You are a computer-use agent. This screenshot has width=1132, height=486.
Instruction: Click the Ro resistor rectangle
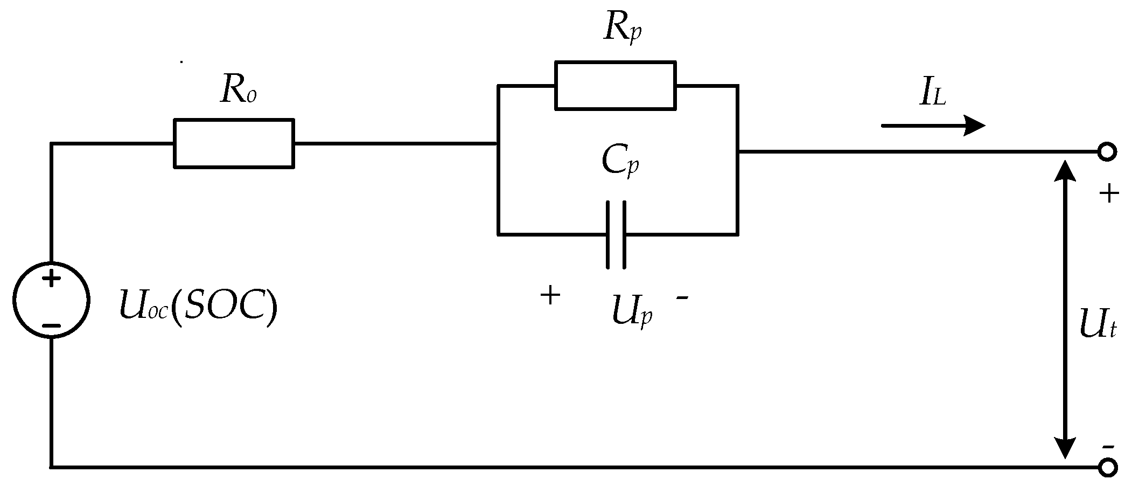coord(234,143)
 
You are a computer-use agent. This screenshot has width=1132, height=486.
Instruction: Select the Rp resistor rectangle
coord(616,86)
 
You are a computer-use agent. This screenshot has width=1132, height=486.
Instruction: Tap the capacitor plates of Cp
coord(616,234)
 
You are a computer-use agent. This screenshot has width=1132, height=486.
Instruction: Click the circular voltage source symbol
coord(51,300)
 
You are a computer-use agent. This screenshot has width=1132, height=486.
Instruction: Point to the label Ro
coord(237,91)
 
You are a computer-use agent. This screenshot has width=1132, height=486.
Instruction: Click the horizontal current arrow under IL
coord(933,126)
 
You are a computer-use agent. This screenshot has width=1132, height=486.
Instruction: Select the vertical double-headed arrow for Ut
coord(1065,309)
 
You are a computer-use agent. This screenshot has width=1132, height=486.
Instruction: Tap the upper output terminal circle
coord(1107,152)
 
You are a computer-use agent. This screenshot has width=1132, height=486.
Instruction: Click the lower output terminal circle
coord(1107,467)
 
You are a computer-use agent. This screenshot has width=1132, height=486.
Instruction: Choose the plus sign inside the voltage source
coord(51,279)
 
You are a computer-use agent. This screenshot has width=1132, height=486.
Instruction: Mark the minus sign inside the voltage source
coord(51,325)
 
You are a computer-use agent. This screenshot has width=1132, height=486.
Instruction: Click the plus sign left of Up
coord(550,295)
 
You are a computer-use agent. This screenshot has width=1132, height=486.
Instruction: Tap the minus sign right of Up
coord(682,297)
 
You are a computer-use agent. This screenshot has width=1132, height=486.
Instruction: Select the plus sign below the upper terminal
coord(1109,193)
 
